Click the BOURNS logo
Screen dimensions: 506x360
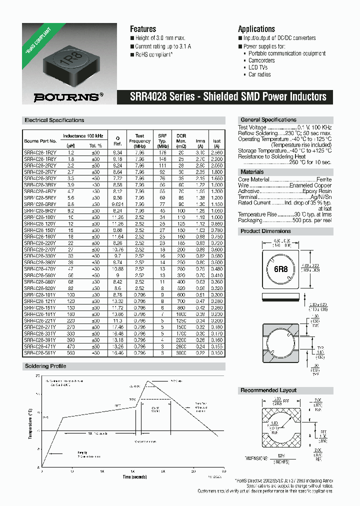[68, 97]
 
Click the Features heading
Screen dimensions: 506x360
[143, 29]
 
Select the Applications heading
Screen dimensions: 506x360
[256, 29]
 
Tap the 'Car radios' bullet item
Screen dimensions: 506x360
[259, 74]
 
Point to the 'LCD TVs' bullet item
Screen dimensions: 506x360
[258, 67]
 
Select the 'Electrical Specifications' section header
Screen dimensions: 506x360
[54, 120]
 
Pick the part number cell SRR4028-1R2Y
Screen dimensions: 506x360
[40, 151]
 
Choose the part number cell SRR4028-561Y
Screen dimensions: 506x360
[40, 353]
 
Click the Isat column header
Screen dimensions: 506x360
[216, 141]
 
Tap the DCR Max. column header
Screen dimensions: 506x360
[181, 138]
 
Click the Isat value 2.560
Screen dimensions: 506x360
[216, 151]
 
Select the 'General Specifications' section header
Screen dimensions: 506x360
[268, 120]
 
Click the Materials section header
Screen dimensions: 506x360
[252, 172]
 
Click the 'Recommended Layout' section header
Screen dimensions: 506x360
[268, 390]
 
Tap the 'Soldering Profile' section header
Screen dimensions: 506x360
[45, 366]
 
